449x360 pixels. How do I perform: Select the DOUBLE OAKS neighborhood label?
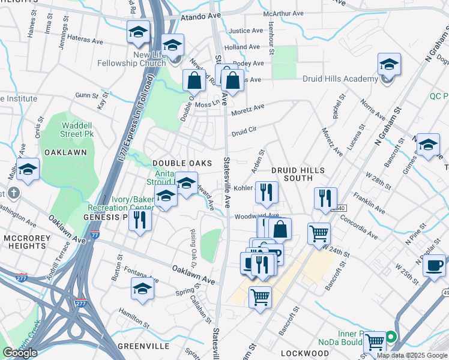(182, 163)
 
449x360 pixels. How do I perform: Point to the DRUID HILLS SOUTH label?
(292, 174)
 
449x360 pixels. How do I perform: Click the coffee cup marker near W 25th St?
(434, 265)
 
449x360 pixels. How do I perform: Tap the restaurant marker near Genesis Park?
(140, 218)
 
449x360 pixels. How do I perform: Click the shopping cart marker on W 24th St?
(319, 233)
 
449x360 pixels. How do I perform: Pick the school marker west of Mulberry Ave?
(28, 170)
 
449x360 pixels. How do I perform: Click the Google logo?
(20, 353)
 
